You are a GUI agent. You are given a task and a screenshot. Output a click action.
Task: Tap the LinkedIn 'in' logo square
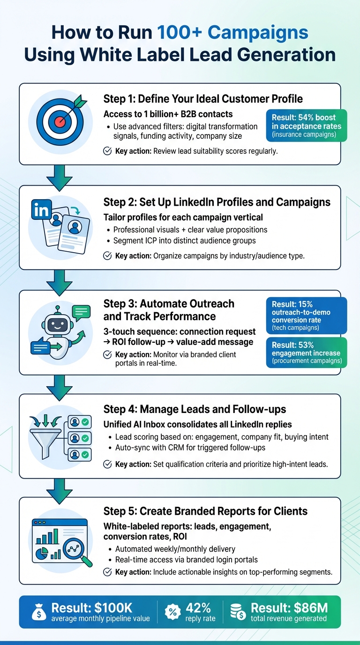(x=41, y=210)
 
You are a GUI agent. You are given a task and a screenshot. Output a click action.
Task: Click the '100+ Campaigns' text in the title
(x=232, y=32)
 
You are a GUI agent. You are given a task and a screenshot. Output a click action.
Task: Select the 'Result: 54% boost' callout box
(x=307, y=125)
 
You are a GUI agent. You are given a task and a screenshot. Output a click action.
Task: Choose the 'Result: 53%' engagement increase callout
(x=307, y=352)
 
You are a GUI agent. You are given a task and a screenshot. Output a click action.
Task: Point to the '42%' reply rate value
(x=198, y=608)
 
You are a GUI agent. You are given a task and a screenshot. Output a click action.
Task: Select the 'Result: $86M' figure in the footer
(x=289, y=608)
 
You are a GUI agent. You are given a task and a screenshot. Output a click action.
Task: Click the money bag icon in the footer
(x=38, y=612)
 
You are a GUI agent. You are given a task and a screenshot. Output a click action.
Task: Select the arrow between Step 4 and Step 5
(x=60, y=487)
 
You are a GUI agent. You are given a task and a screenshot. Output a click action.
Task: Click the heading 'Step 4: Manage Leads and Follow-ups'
(x=195, y=409)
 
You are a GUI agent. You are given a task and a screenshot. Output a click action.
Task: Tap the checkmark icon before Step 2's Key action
(x=107, y=256)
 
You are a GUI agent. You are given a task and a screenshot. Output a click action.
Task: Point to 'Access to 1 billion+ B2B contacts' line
(x=168, y=114)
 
